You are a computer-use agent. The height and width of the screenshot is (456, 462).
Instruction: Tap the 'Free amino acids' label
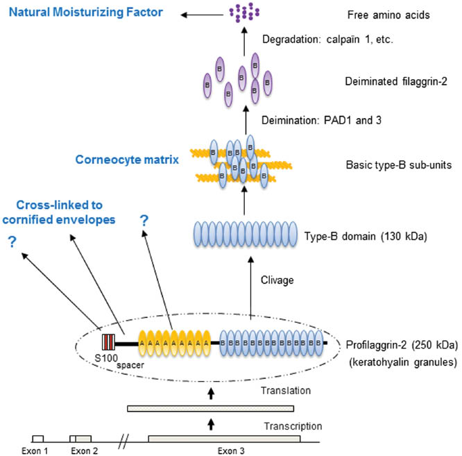coord(382,12)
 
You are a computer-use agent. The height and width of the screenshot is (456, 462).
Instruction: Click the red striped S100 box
coord(108,342)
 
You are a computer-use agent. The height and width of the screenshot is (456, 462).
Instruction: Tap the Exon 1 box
coord(38,439)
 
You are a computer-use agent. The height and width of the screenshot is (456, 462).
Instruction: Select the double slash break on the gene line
coord(124,438)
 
